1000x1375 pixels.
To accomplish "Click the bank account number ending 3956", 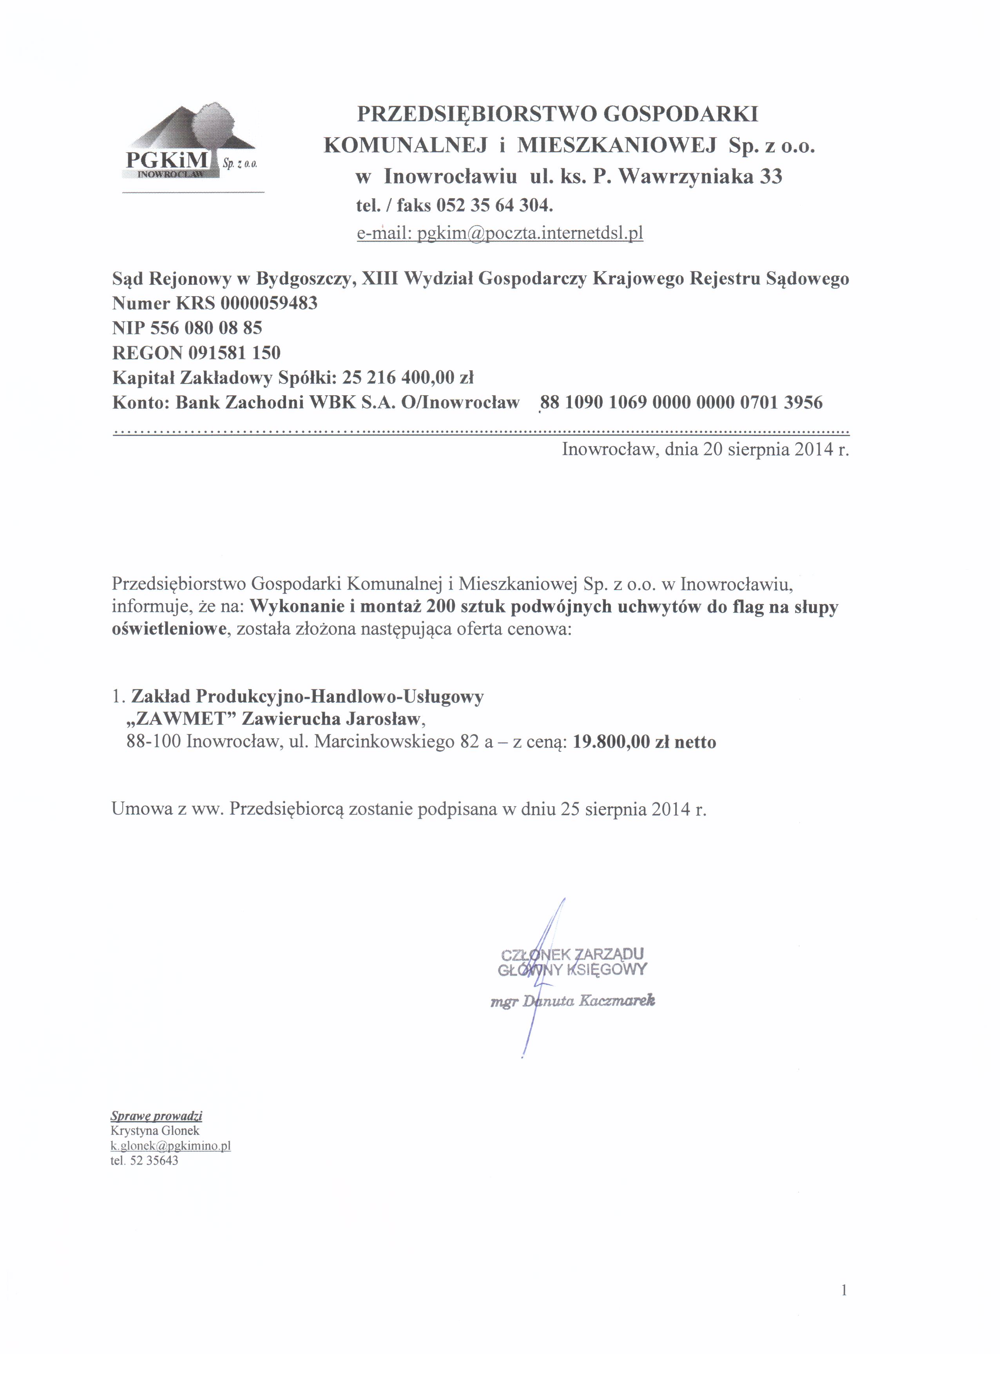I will [681, 403].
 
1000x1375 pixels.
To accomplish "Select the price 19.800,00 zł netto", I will [644, 742].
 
